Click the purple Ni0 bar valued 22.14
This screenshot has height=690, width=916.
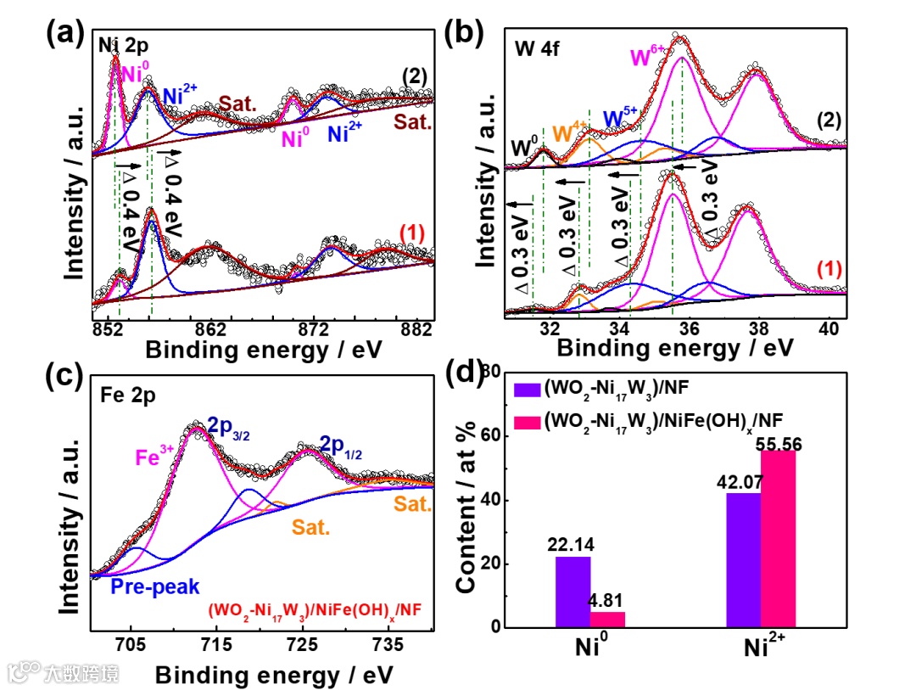(572, 592)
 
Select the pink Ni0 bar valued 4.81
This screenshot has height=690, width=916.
(606, 620)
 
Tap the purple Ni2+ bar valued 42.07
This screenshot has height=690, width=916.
(744, 560)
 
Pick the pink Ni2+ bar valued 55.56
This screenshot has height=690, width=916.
(778, 539)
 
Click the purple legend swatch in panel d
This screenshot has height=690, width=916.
(527, 389)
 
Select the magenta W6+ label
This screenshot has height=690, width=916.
(646, 57)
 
